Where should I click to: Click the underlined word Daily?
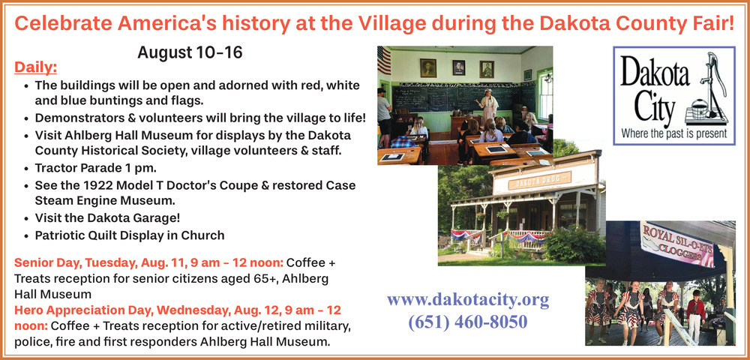point(35,67)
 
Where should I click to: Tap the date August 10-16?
point(190,52)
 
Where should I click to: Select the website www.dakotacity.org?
point(468,300)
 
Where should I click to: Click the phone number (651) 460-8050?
point(468,322)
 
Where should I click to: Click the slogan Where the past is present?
point(674,133)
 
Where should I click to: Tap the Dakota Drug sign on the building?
point(539,180)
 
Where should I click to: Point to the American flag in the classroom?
point(383,60)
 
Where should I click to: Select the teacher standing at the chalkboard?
point(488,106)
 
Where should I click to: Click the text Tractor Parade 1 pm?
point(96,168)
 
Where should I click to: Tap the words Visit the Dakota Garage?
point(107,218)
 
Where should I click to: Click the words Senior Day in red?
point(41,263)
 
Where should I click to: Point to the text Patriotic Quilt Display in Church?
point(130,235)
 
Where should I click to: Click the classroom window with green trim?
point(544,94)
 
